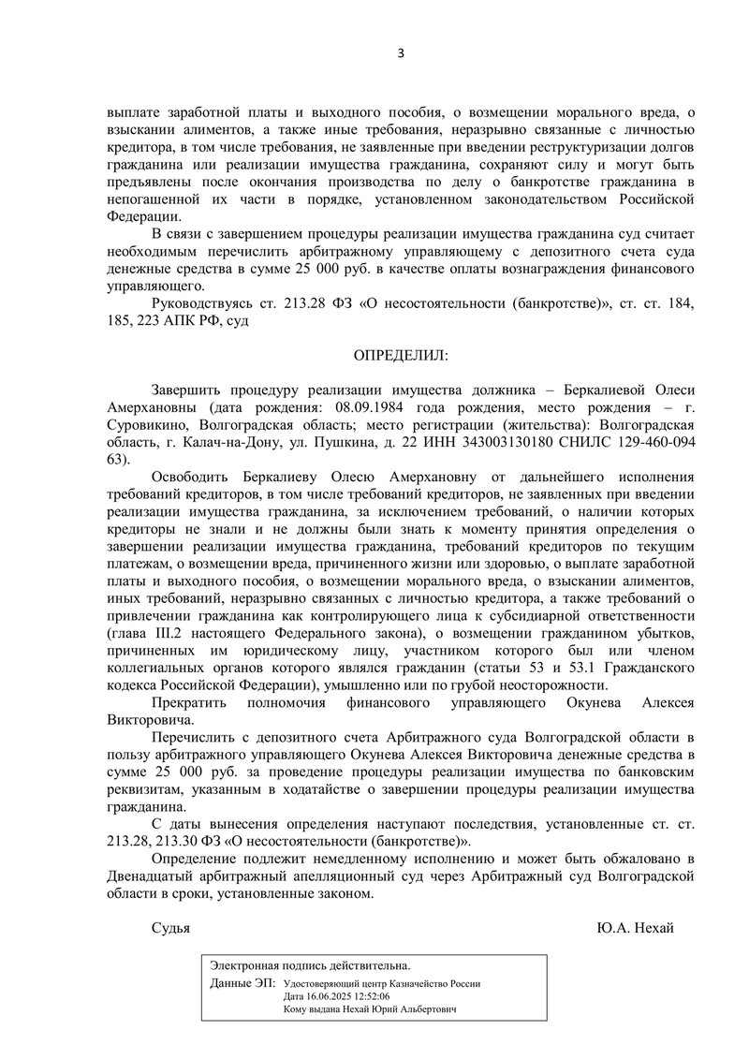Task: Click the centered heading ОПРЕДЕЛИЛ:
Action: (x=400, y=356)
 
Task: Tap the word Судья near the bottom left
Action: (x=170, y=927)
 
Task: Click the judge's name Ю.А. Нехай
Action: (x=635, y=927)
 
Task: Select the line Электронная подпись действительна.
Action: (x=310, y=965)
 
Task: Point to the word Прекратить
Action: (x=190, y=702)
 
